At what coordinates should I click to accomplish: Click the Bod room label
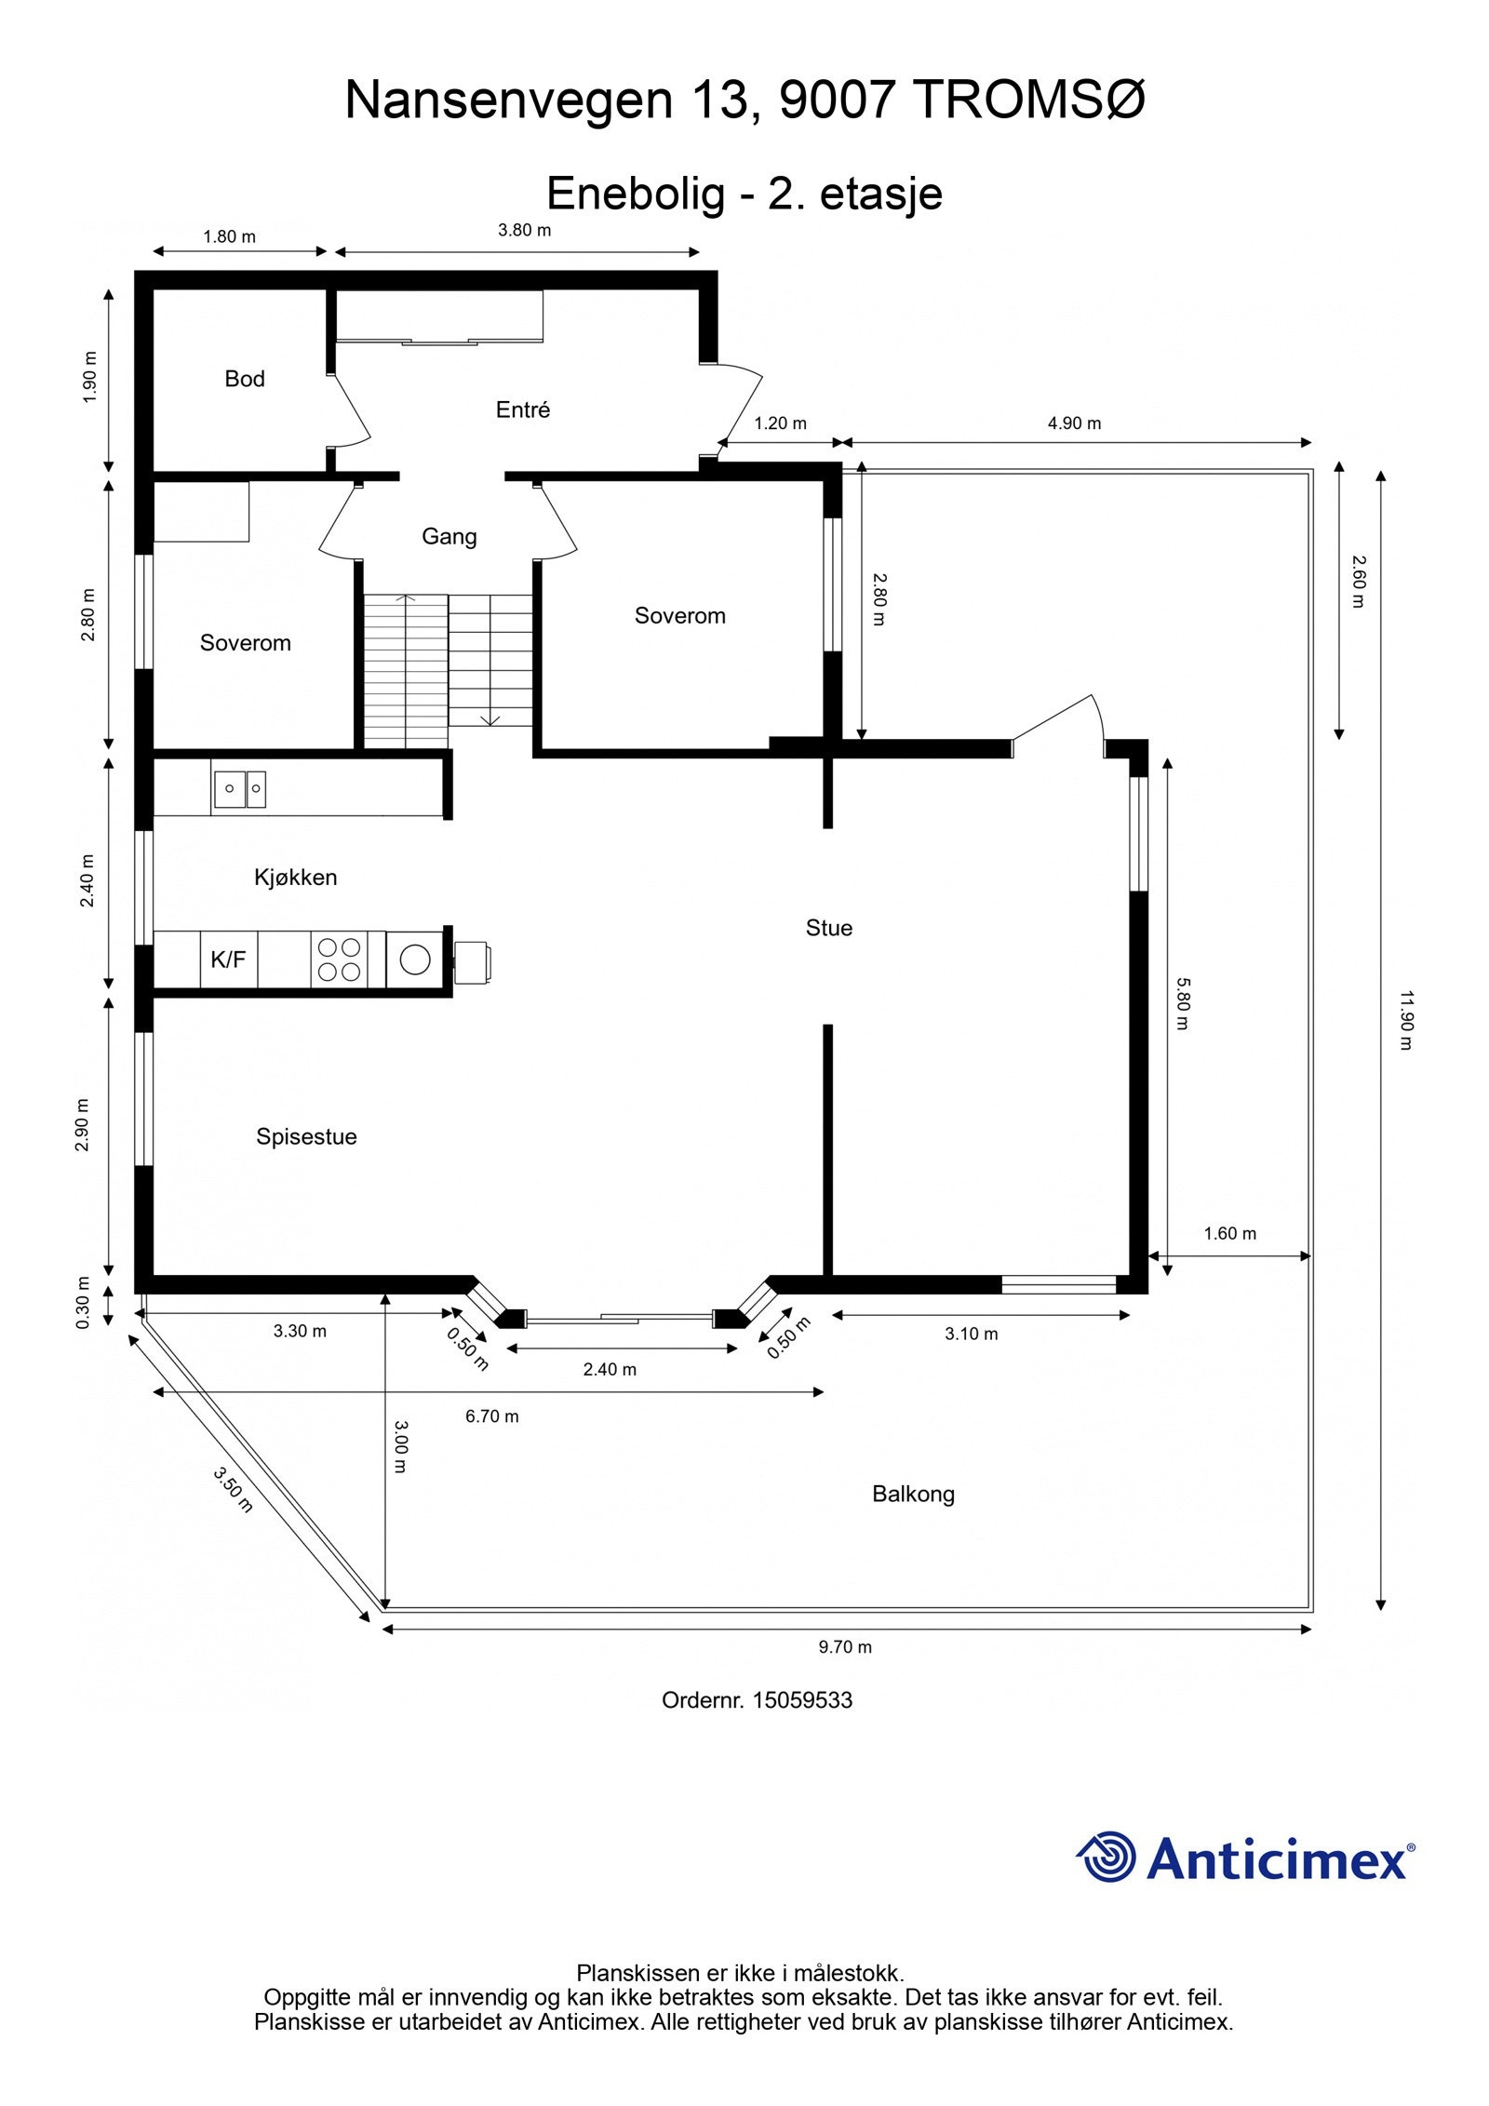(245, 379)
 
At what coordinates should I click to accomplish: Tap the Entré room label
(523, 409)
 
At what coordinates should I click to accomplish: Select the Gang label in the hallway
(449, 536)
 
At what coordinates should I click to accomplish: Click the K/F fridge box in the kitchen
(228, 959)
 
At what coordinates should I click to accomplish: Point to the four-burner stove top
(339, 959)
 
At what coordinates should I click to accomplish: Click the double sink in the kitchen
(240, 788)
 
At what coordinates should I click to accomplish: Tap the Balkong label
(913, 1494)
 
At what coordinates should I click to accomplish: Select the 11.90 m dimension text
(1405, 1020)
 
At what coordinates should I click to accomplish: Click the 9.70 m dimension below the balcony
(845, 1647)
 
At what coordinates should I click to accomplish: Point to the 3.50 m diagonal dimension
(233, 1489)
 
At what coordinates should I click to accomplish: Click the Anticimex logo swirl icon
(1107, 1857)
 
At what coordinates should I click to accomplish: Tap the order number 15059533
(802, 1700)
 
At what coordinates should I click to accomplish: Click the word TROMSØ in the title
(1029, 100)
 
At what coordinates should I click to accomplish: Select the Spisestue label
(306, 1136)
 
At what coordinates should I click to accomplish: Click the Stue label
(828, 928)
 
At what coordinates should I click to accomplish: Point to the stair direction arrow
(490, 718)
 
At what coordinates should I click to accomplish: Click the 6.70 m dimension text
(492, 1416)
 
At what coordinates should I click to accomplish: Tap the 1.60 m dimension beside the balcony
(1229, 1233)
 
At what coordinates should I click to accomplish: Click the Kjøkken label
(295, 877)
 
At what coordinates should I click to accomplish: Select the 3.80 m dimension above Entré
(524, 230)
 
